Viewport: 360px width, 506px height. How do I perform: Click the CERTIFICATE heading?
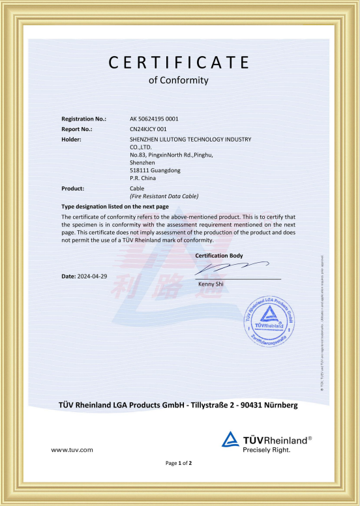click(179, 62)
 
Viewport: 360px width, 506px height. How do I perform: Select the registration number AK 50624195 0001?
click(155, 119)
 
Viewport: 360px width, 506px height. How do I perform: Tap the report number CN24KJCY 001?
click(150, 129)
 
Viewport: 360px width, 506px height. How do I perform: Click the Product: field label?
click(73, 188)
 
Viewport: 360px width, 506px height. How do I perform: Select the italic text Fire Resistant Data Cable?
click(164, 196)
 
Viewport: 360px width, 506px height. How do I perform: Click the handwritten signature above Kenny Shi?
click(232, 268)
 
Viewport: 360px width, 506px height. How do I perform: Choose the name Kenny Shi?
click(209, 284)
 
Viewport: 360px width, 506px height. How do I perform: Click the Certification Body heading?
click(219, 256)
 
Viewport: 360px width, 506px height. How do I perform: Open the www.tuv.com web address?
click(72, 450)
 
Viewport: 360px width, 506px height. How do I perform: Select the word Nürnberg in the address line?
click(278, 405)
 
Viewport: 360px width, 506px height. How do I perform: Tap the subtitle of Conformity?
click(179, 81)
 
